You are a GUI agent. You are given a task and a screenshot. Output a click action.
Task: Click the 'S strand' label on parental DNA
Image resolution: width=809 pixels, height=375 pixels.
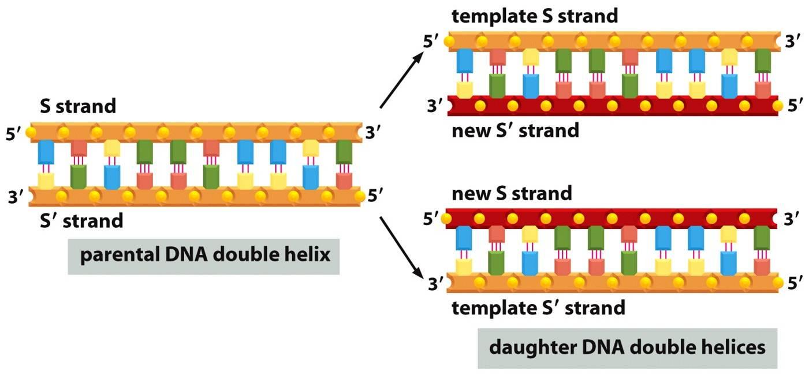coord(78,106)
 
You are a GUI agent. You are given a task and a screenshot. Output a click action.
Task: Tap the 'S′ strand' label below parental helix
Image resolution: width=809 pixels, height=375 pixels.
coord(81,220)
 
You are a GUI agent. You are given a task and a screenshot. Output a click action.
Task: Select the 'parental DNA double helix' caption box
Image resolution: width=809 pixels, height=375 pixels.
coord(204,254)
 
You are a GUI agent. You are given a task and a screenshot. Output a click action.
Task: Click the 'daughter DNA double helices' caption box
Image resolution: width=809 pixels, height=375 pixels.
coord(627,348)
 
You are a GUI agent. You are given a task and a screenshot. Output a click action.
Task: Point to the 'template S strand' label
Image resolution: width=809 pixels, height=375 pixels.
coord(535,16)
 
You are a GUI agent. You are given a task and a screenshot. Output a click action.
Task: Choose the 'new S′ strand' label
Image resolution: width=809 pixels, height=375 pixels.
coord(515,130)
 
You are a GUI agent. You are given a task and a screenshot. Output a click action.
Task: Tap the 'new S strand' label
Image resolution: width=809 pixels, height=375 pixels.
coord(512,193)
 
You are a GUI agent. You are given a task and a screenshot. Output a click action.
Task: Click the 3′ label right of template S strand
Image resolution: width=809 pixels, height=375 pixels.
coord(792,41)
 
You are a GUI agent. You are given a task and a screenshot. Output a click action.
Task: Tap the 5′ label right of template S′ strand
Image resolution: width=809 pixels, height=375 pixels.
coord(796,283)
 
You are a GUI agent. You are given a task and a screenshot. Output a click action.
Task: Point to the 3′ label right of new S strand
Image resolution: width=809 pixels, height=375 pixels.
coord(792,219)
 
